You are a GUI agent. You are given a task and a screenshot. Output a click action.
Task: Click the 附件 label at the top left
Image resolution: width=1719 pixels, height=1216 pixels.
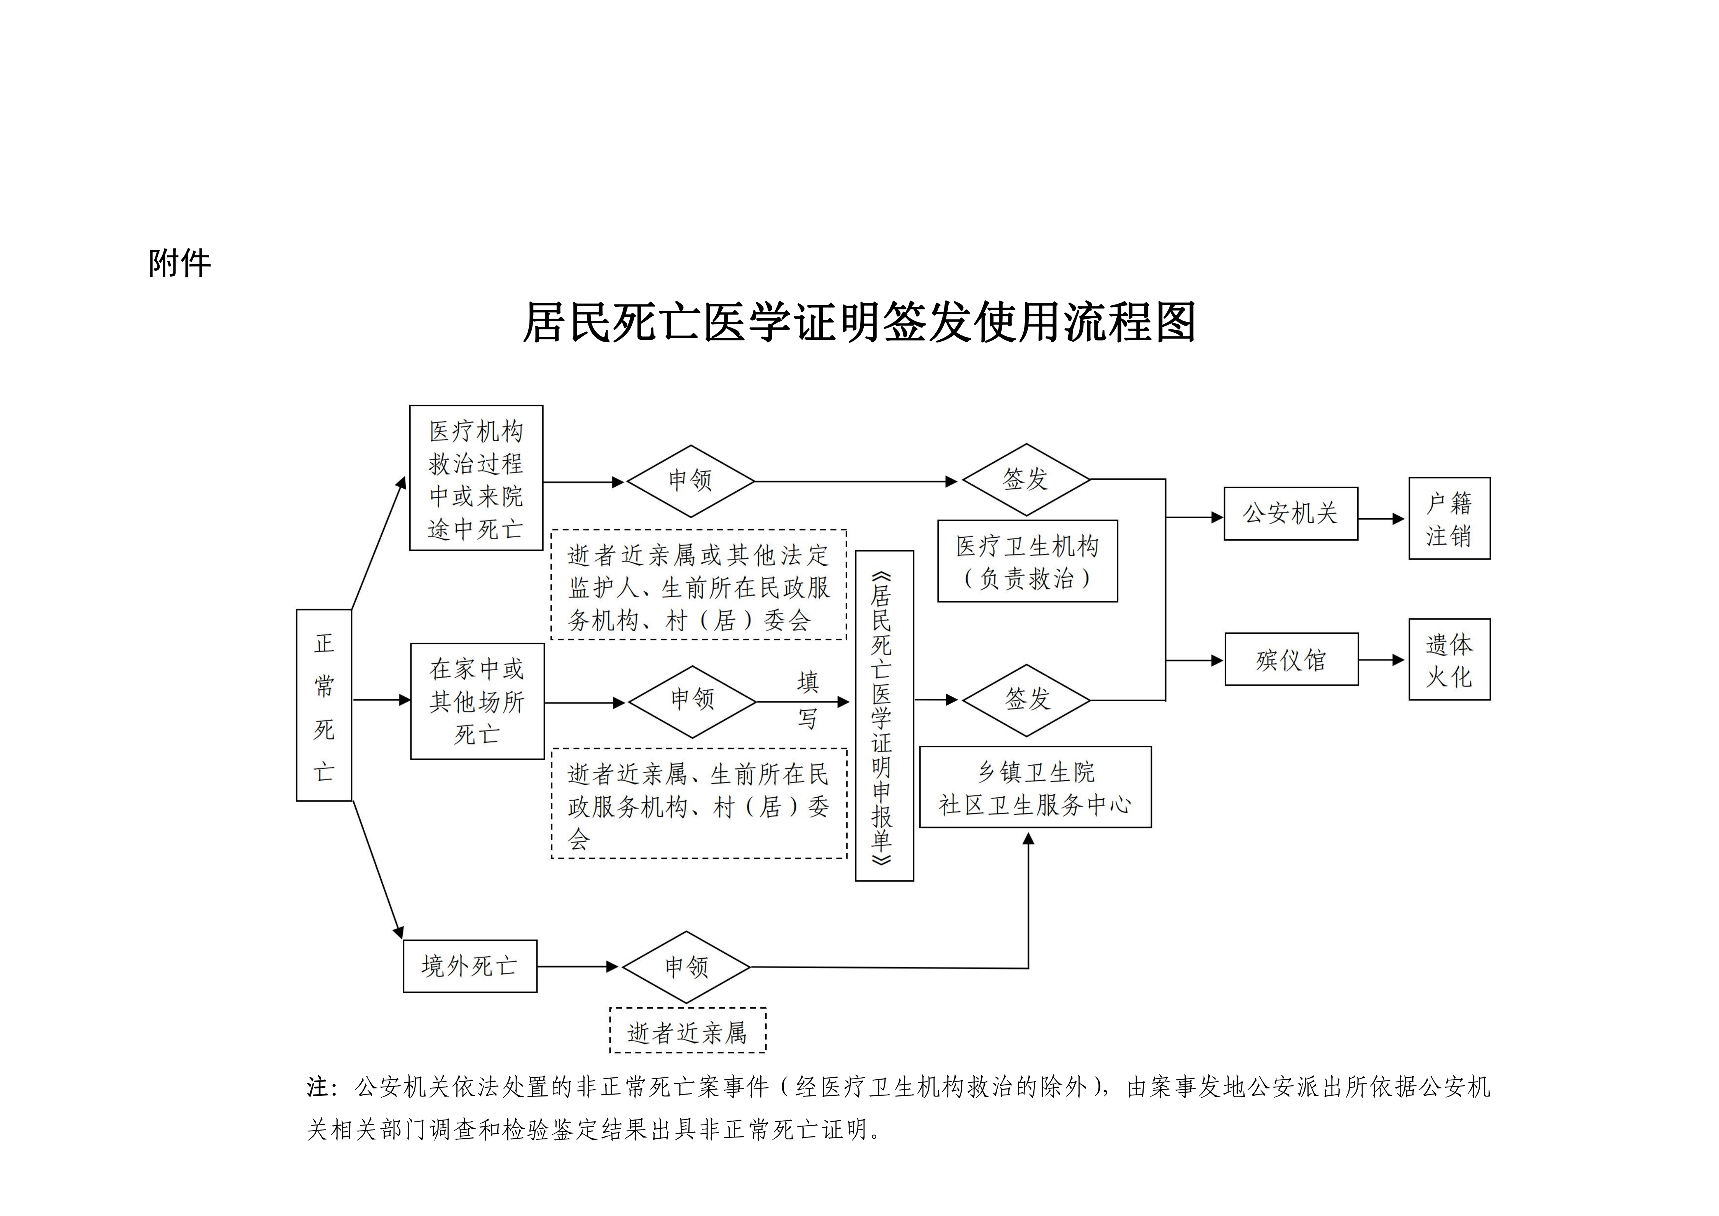click(x=180, y=263)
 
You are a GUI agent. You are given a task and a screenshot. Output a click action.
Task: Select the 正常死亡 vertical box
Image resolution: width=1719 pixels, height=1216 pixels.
click(x=324, y=705)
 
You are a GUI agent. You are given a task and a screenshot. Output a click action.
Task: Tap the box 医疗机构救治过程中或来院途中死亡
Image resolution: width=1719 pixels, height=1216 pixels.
click(x=476, y=478)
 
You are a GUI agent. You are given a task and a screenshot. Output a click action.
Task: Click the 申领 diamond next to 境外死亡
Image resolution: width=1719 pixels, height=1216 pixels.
click(x=686, y=967)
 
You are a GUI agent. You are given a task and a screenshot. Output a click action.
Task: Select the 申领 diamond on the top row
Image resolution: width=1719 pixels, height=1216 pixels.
click(x=690, y=481)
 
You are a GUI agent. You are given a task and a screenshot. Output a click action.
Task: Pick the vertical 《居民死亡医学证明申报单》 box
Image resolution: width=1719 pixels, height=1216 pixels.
click(x=884, y=716)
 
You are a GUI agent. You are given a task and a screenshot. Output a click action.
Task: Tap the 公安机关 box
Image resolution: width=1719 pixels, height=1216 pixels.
click(x=1290, y=514)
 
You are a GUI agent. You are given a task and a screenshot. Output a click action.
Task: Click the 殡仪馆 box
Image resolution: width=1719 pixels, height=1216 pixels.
click(x=1291, y=660)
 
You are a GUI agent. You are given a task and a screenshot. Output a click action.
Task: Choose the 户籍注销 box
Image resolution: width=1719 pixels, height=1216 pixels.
click(x=1449, y=518)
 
